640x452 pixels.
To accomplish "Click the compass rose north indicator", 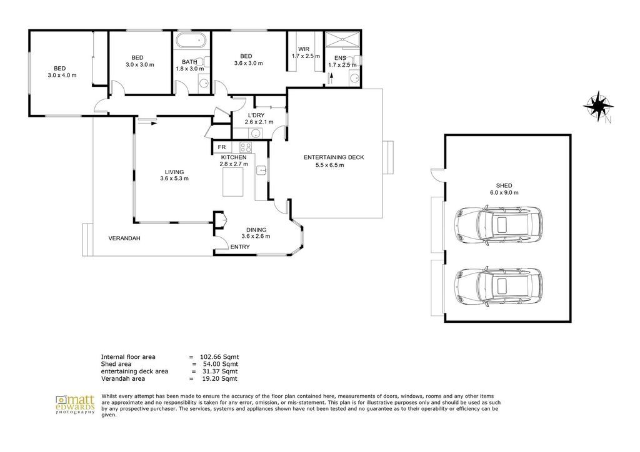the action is [598, 106].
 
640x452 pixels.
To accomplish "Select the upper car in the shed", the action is [498, 226].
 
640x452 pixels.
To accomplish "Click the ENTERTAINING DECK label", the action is [334, 157].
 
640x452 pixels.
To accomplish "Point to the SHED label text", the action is [504, 185].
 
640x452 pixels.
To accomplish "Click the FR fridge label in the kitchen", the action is [222, 147].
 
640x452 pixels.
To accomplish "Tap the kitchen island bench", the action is [232, 182].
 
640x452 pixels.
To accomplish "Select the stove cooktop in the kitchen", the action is [246, 147].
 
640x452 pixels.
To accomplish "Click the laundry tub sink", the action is [256, 133].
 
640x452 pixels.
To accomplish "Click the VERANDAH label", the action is [124, 238].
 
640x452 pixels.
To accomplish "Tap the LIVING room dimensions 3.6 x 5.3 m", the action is [174, 179].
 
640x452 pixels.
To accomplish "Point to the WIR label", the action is [304, 49].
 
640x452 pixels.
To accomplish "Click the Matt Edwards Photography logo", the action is [75, 405].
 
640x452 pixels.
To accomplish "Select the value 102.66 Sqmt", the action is [219, 357].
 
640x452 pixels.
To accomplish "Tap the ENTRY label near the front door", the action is [240, 247].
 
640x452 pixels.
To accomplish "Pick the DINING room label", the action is [256, 230].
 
